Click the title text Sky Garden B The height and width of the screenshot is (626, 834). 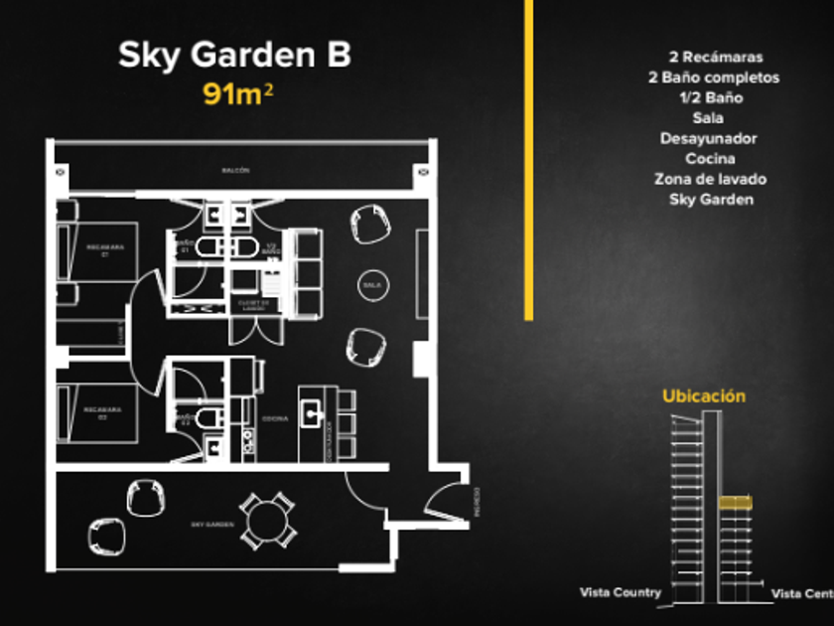[x=234, y=56]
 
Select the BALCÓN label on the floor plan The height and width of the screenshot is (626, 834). [x=235, y=171]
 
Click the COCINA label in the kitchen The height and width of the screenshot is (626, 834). [x=275, y=418]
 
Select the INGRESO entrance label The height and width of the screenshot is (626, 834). [x=478, y=502]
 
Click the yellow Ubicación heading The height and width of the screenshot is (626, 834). [x=704, y=395]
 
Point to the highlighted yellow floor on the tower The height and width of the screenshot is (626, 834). [x=734, y=503]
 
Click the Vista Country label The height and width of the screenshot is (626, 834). [x=621, y=593]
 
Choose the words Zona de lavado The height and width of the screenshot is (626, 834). [x=710, y=179]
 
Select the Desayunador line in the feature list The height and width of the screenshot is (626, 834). [x=710, y=138]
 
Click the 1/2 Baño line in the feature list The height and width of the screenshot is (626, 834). [x=710, y=97]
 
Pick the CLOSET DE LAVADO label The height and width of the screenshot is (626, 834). [x=253, y=304]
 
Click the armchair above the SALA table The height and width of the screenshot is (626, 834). [x=370, y=223]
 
